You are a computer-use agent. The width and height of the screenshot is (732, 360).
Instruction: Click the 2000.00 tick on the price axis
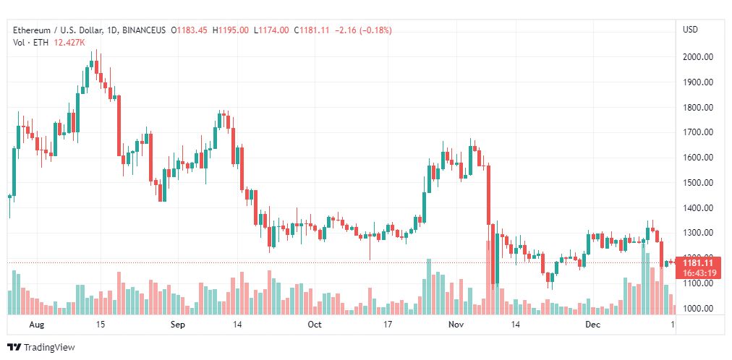699,57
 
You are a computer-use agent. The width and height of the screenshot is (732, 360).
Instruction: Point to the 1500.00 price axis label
699,183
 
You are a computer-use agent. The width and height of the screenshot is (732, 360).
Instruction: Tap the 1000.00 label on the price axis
699,309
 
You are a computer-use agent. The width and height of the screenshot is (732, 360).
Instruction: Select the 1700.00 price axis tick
699,132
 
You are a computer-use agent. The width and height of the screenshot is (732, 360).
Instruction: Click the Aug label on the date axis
37,325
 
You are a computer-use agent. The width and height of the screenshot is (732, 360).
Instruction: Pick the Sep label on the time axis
178,325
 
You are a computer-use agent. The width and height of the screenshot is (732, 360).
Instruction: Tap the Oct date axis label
314,325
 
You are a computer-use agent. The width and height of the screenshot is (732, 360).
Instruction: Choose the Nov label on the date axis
455,325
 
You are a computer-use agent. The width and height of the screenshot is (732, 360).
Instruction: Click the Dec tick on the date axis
593,325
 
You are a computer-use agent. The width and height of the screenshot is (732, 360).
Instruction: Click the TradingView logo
41,347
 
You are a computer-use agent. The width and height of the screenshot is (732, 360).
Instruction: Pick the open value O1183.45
189,30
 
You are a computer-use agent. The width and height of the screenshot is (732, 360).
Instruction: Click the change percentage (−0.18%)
373,30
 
